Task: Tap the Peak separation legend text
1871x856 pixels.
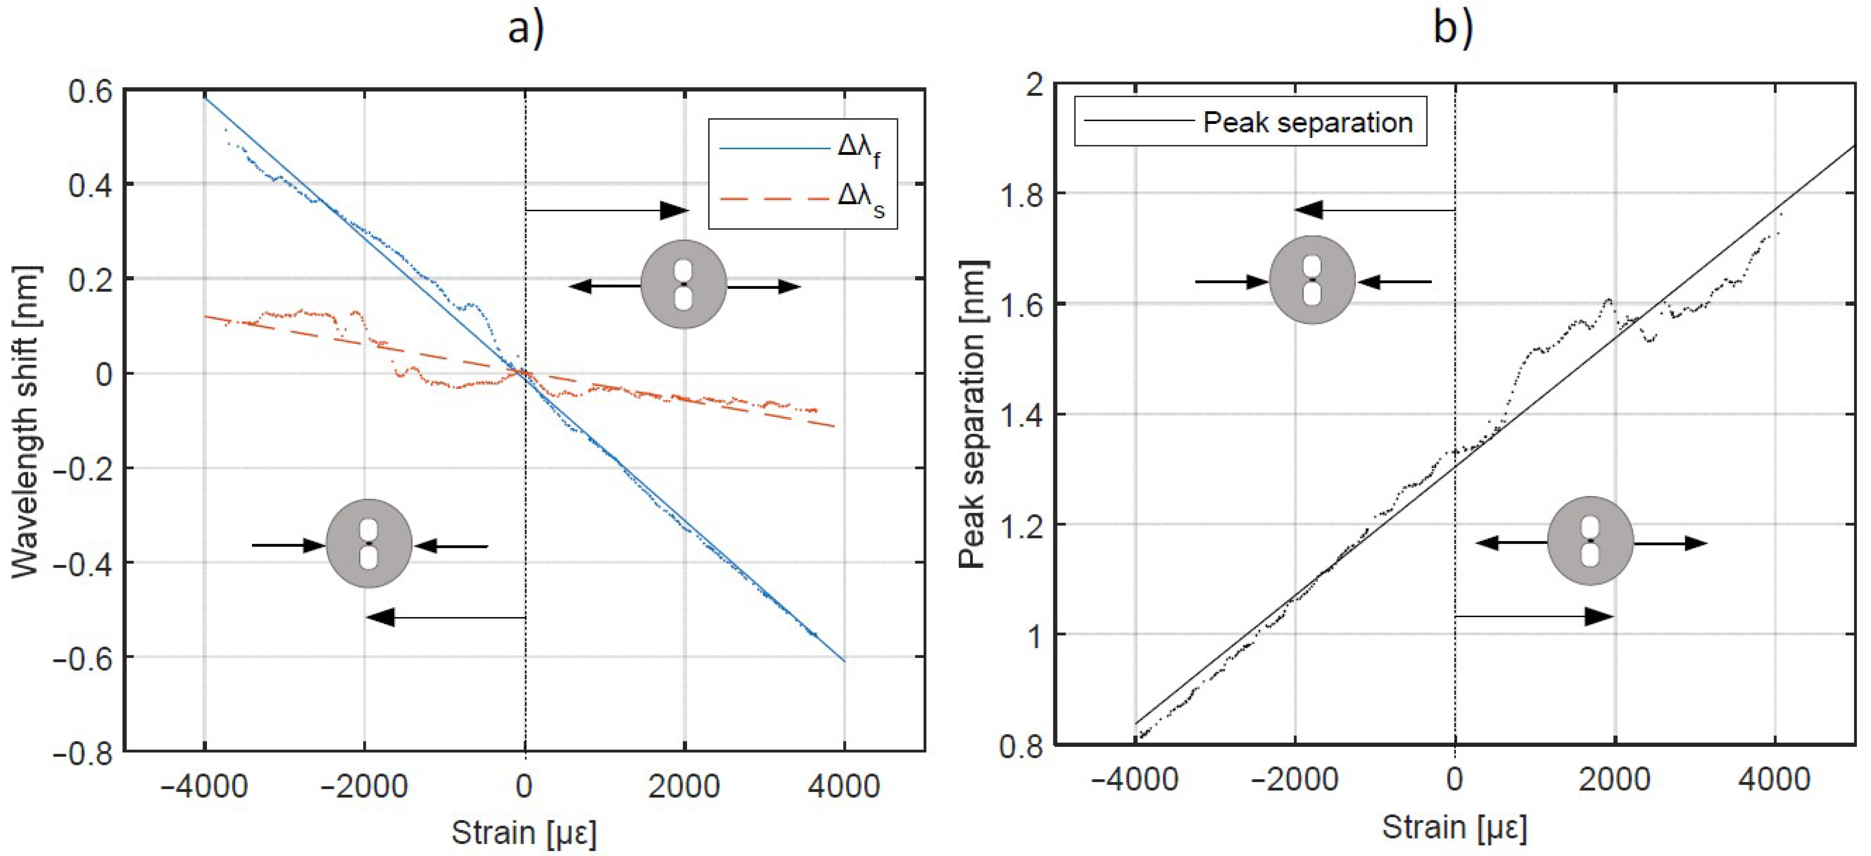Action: click(1307, 122)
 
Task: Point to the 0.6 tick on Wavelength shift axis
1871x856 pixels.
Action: click(91, 91)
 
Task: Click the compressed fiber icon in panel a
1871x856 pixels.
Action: click(369, 544)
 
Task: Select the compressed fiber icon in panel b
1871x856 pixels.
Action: click(1312, 280)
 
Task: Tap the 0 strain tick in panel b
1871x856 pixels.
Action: click(1454, 779)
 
